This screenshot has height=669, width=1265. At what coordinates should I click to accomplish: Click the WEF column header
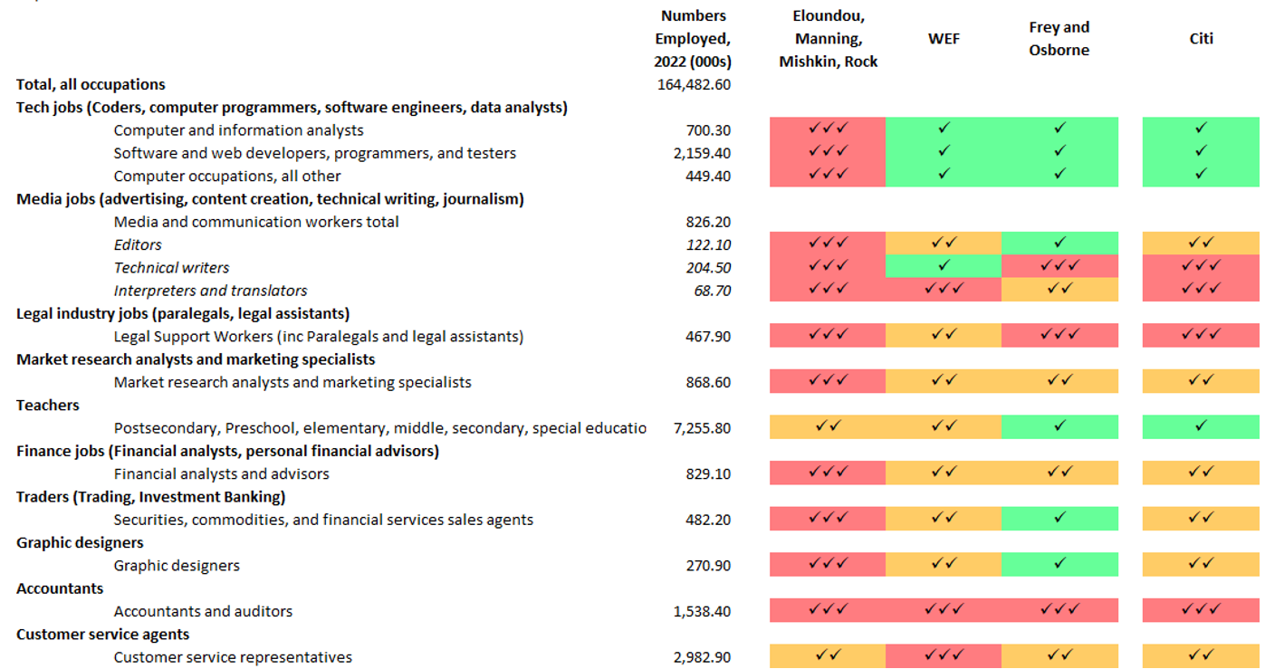point(944,39)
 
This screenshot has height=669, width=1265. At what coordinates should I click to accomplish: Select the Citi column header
point(1201,39)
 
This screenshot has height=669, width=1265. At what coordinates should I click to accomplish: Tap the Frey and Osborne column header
point(1059,39)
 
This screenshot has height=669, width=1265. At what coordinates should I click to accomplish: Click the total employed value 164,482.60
point(694,84)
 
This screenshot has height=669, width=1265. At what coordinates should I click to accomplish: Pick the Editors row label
point(138,244)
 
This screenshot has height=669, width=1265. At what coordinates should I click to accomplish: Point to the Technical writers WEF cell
point(944,266)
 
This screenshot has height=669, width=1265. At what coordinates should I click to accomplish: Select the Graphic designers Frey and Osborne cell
point(1059,565)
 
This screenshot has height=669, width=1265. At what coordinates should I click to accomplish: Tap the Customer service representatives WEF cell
point(944,656)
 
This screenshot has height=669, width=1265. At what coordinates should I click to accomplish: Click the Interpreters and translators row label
point(210,291)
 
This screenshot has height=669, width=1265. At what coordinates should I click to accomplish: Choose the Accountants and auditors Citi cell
point(1201,611)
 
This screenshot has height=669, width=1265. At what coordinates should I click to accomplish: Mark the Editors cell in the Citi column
point(1201,244)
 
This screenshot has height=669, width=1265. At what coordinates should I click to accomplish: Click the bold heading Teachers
point(48,405)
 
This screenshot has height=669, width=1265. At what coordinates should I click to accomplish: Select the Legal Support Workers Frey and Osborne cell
point(1059,336)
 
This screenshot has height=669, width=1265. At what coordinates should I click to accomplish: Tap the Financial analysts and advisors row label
point(221,473)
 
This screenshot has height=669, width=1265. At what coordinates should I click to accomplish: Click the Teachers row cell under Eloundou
point(828,427)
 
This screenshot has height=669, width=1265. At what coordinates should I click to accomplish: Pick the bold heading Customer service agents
point(103,634)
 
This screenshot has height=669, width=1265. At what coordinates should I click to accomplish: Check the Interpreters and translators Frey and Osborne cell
point(1059,290)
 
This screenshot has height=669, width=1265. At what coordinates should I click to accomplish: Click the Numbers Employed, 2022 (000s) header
point(694,39)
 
